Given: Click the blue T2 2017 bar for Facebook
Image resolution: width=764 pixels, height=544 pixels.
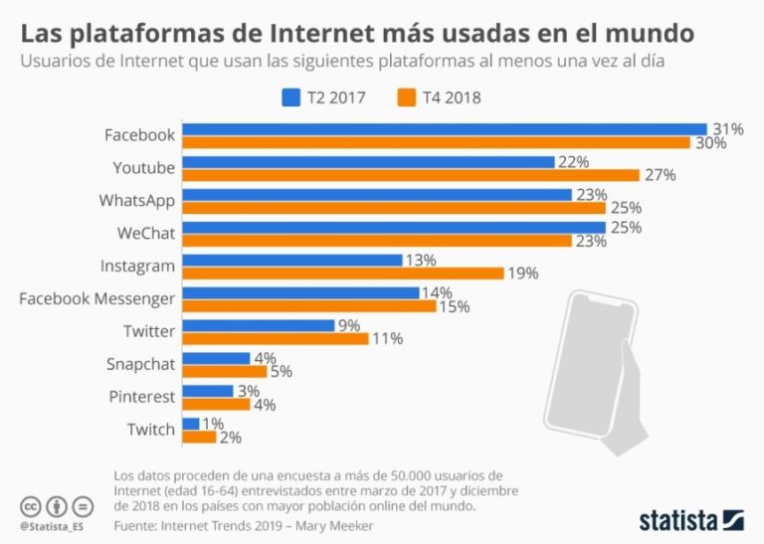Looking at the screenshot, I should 445,129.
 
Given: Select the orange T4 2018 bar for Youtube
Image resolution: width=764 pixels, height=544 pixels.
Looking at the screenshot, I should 411,175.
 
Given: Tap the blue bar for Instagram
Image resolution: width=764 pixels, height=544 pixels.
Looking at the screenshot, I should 292,260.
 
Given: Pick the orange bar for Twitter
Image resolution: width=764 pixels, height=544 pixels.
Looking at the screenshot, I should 276,338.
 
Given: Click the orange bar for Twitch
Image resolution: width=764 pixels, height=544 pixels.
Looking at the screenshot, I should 200,437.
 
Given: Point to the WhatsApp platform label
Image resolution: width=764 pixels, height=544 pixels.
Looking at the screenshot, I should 137,200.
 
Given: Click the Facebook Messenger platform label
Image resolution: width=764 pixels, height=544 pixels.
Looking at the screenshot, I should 97,298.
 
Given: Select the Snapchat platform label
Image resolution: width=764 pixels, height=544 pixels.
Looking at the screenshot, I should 141,364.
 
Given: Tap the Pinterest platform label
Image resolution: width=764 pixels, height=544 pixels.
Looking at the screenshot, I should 141,397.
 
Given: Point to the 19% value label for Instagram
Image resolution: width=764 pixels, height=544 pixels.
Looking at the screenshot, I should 523,272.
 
